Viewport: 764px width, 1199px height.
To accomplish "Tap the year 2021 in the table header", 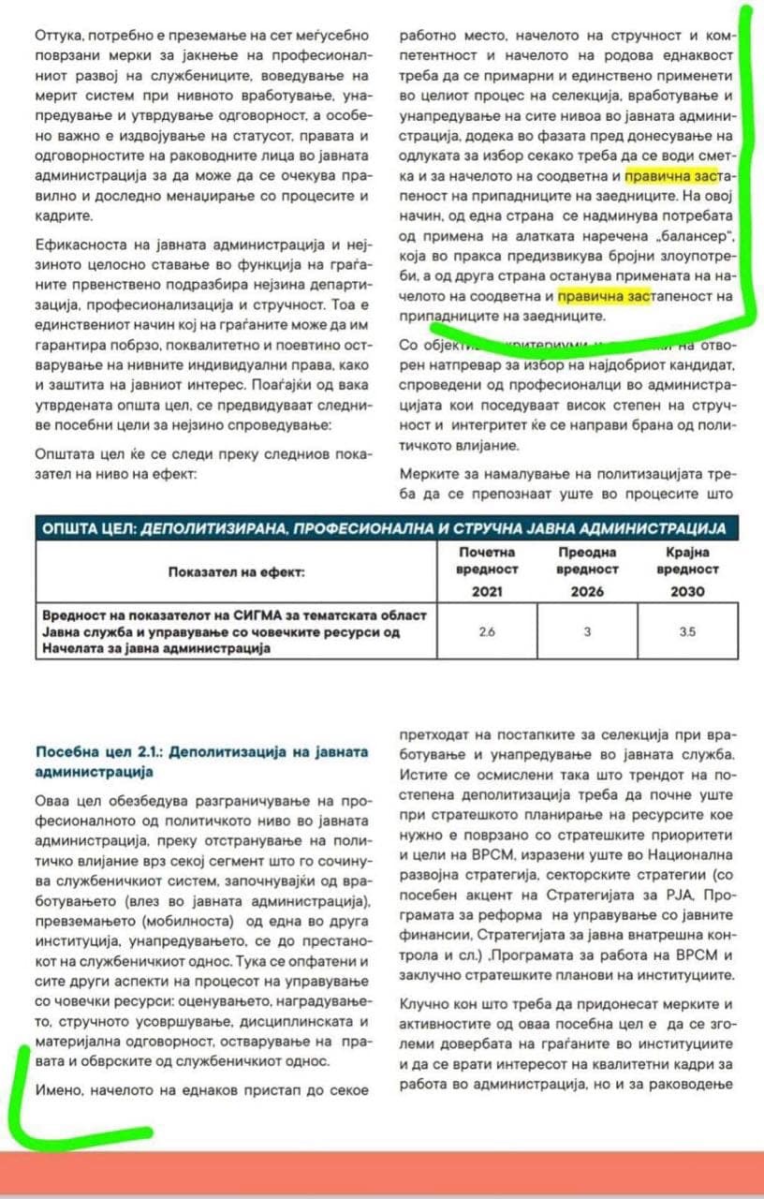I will [486, 591].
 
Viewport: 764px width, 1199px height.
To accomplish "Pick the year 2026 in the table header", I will [587, 591].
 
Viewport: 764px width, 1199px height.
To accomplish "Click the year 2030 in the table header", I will [687, 591].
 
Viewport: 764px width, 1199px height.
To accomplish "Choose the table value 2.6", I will [486, 631].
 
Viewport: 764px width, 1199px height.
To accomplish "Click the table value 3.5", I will [687, 631].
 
